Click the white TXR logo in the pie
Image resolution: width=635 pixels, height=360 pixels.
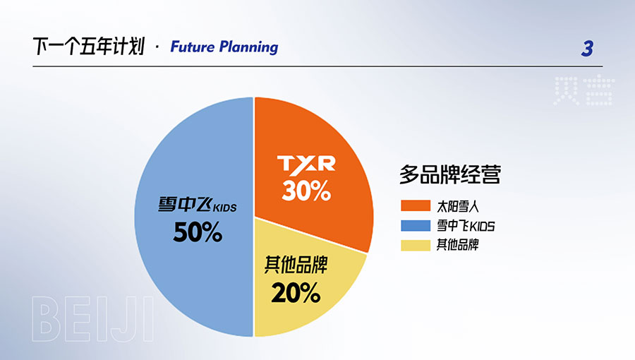[306, 164]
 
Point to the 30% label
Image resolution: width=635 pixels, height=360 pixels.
[306, 191]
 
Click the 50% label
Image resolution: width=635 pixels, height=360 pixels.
[198, 232]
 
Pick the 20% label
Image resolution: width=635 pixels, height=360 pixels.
[296, 293]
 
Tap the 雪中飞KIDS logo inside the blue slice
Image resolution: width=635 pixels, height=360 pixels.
[198, 205]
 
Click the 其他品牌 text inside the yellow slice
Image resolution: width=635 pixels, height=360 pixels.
[296, 265]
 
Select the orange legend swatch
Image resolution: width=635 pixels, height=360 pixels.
[416, 205]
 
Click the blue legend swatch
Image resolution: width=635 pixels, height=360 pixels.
[416, 226]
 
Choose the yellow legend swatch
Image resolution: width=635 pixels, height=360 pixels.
[416, 246]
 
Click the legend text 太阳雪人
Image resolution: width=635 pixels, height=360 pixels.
[458, 207]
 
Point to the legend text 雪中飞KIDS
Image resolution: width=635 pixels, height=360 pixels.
[466, 226]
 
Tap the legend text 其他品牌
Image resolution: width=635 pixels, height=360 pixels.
[458, 245]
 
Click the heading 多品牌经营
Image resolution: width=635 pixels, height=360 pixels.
[450, 174]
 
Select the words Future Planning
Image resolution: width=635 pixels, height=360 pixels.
[224, 47]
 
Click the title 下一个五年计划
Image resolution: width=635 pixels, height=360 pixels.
[89, 46]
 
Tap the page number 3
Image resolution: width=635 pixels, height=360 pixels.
[587, 49]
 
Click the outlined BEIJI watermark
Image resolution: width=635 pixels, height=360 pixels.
[92, 319]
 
